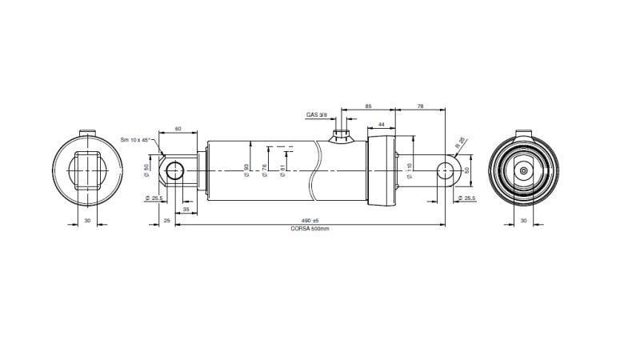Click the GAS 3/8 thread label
coord(317,114)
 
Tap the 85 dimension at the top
coord(368,106)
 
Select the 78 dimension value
coord(420,106)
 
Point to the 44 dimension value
coord(382,124)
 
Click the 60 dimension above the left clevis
coord(178,128)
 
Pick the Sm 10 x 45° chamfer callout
coord(137,139)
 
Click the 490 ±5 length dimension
coord(310,221)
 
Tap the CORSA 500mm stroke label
coord(310,229)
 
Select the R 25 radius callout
coord(460,143)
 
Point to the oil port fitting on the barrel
coord(342,133)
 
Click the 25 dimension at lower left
coord(166,220)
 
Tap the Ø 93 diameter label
coord(246,170)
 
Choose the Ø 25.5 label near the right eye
coord(465,198)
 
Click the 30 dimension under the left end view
coord(86,220)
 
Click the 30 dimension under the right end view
coord(523,220)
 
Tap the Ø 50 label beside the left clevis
coord(147,170)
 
